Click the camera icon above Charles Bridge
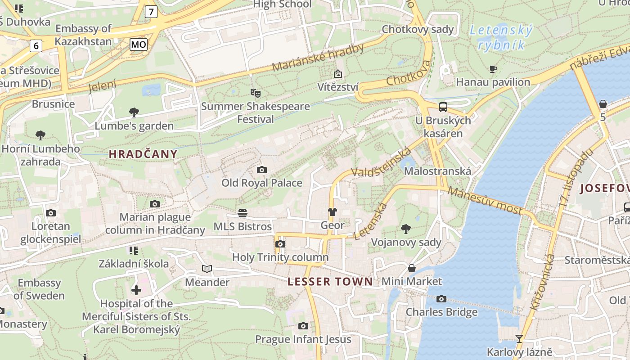[x=441, y=299]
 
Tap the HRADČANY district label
[x=143, y=154]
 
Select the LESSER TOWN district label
[x=330, y=282]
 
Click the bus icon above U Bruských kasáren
[x=443, y=107]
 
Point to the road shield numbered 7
[x=151, y=12]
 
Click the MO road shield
[x=139, y=44]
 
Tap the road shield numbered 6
[x=36, y=45]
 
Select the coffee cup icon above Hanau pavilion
[x=493, y=69]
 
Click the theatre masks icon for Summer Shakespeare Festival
[x=256, y=93]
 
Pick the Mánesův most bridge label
[x=485, y=201]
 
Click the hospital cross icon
[x=136, y=290]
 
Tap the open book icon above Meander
[x=207, y=269]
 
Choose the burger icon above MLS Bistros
[x=243, y=213]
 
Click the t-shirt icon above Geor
[x=333, y=212]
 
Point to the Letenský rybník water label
[x=501, y=37]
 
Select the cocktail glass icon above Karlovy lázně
[x=519, y=338]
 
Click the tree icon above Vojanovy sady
[x=406, y=229]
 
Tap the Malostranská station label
[x=437, y=171]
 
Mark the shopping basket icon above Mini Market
[x=412, y=268]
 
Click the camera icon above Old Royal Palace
[x=261, y=170]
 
